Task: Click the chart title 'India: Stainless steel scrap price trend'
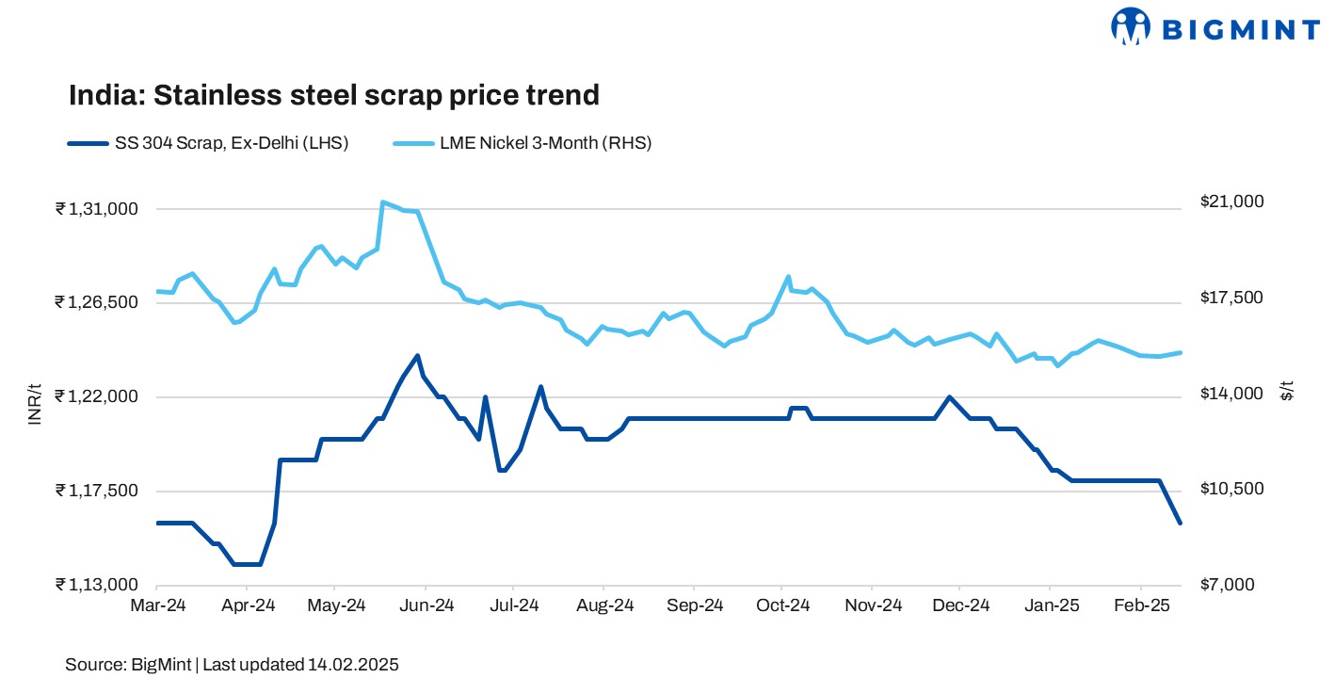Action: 333,95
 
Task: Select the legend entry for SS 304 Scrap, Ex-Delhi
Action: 207,143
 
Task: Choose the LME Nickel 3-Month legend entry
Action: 523,143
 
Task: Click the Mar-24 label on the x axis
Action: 157,605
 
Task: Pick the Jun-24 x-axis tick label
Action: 426,605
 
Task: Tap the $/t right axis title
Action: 1287,391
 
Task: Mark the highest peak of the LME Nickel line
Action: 382,202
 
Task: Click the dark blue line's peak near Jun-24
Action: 417,355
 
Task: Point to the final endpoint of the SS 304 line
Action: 1181,523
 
